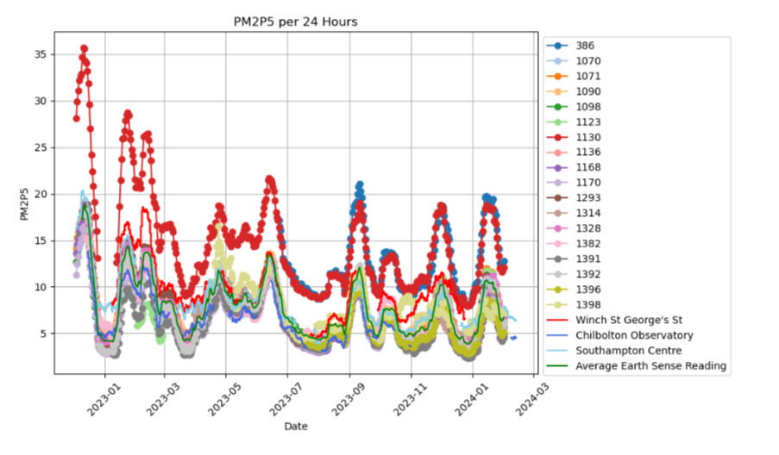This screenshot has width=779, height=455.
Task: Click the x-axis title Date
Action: pos(297,427)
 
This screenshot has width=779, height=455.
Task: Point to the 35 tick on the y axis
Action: pos(44,54)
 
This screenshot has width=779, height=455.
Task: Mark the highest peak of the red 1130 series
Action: pos(85,48)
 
